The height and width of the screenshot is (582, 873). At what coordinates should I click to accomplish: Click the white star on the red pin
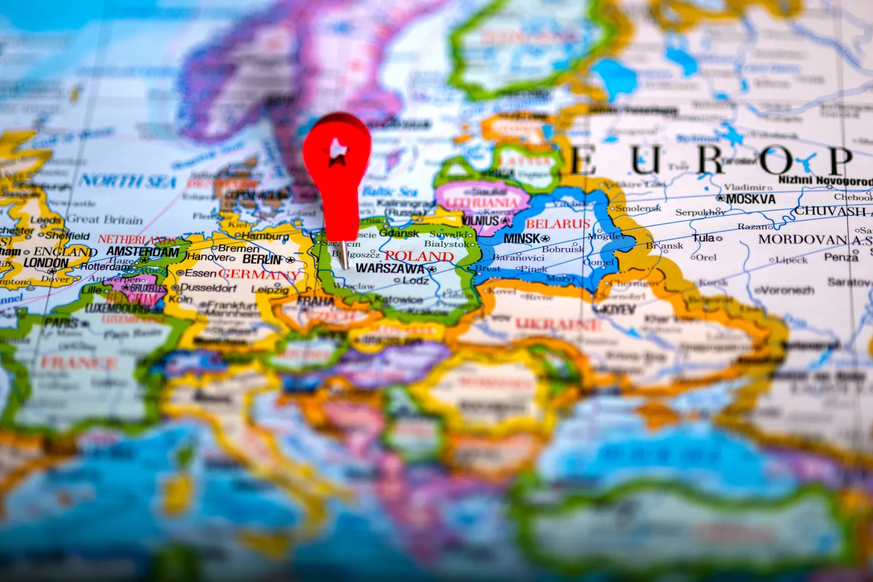[x=337, y=151]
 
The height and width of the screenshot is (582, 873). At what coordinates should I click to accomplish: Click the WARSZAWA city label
[x=390, y=269]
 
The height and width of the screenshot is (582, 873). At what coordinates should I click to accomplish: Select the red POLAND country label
[x=419, y=256]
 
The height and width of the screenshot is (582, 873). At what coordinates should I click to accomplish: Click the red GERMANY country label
[x=259, y=274]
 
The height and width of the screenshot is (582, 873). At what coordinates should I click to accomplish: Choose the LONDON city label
[x=46, y=262]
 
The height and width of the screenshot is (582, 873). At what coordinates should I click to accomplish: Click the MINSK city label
[x=522, y=239]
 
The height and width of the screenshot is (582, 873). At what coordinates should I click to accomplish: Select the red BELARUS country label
[x=557, y=224]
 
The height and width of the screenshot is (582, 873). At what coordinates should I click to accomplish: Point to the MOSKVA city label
[x=751, y=199]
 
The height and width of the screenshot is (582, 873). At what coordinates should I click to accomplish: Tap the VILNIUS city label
[x=481, y=221]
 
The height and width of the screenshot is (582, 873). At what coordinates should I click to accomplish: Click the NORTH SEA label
[x=128, y=181]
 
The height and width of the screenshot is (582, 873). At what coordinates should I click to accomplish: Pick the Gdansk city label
[x=399, y=233]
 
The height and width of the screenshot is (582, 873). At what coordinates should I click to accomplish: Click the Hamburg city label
[x=265, y=236]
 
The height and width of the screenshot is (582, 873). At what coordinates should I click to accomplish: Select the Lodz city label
[x=416, y=280]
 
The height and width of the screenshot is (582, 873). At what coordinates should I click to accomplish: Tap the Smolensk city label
[x=639, y=208]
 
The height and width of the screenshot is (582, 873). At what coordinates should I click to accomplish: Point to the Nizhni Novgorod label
[x=825, y=181]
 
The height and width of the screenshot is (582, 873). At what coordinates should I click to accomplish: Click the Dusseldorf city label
[x=208, y=289]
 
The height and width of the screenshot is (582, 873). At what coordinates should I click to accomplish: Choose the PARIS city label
[x=61, y=323]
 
